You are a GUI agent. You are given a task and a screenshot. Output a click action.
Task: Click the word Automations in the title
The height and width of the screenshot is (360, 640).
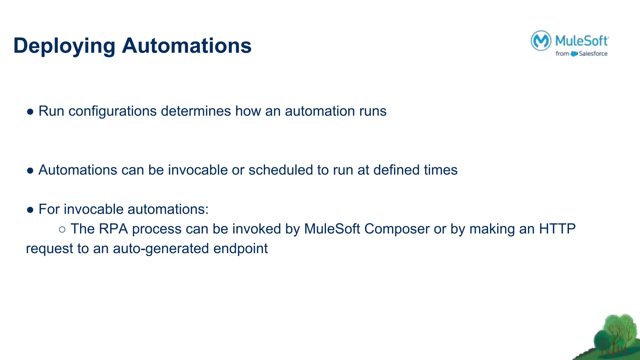click(187, 46)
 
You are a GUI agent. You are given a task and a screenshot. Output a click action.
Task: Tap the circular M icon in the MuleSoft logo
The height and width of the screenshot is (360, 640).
click(541, 41)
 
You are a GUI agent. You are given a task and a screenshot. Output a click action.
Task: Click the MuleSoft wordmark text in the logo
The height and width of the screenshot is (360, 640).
click(582, 41)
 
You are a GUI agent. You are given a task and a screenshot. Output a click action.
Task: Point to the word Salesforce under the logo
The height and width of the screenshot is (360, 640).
click(593, 54)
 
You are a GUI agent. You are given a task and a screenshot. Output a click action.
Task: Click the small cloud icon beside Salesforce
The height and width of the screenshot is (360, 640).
click(574, 54)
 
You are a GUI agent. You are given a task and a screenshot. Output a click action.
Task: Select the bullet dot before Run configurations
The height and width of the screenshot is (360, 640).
click(30, 112)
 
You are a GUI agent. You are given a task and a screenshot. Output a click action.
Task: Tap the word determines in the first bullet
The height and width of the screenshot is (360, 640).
click(196, 111)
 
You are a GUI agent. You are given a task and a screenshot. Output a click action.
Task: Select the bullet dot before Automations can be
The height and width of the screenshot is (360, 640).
click(30, 171)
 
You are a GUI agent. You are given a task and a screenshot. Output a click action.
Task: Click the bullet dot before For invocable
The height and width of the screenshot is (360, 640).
click(30, 210)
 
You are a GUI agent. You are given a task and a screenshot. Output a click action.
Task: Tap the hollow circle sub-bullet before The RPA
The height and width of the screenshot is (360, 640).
click(62, 230)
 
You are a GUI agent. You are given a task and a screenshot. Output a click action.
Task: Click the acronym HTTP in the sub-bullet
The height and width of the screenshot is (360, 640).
click(557, 229)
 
